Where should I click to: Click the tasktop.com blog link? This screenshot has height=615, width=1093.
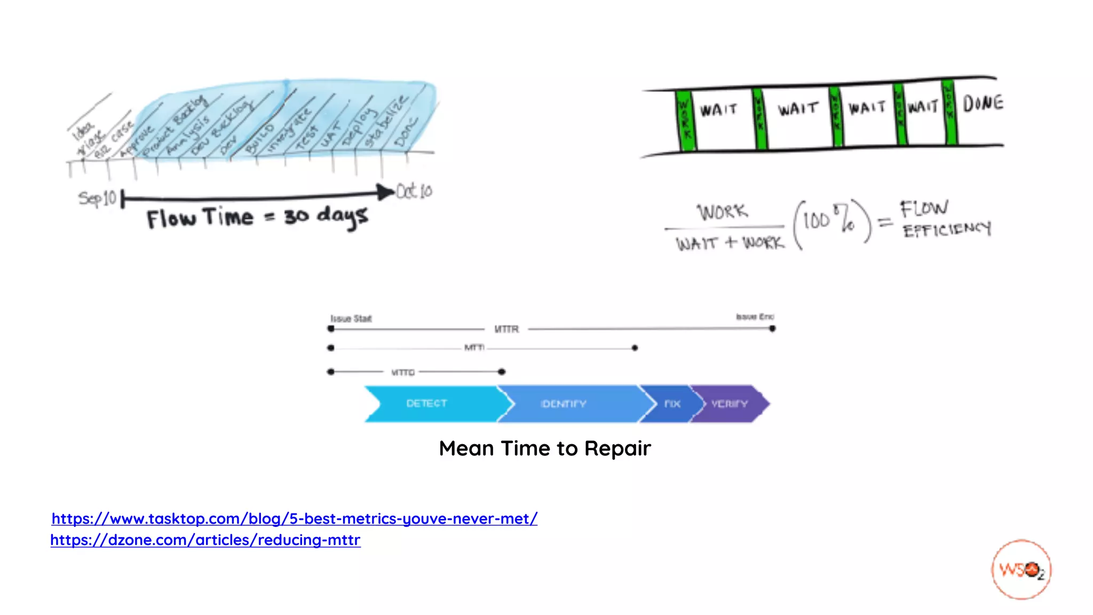tap(294, 518)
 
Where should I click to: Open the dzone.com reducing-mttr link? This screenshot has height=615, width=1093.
tap(205, 540)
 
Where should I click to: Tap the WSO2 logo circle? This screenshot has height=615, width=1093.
tap(1021, 570)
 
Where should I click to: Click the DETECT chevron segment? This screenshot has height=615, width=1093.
tap(427, 404)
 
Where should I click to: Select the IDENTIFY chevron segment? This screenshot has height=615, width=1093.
tap(564, 404)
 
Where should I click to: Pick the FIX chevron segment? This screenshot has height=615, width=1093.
tap(672, 404)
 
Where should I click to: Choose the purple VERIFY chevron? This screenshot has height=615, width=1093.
tap(730, 404)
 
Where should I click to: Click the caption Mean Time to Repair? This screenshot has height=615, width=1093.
tap(544, 448)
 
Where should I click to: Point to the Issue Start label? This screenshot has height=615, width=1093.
tap(351, 319)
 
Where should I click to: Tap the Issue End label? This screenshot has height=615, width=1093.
tap(755, 317)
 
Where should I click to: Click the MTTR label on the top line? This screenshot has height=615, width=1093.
tap(506, 329)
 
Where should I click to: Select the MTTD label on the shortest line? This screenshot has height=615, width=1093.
tap(402, 372)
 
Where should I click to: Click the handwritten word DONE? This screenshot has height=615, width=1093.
tap(983, 104)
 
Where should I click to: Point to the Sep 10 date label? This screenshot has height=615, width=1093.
tap(97, 199)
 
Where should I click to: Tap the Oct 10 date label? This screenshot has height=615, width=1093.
tap(415, 191)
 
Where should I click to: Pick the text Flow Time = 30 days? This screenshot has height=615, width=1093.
tap(257, 218)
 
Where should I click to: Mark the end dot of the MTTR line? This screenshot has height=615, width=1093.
tap(772, 329)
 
